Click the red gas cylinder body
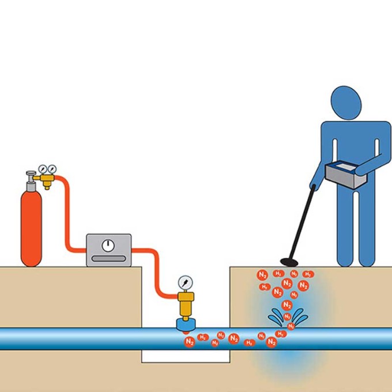(31, 228)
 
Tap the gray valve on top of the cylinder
(30, 175)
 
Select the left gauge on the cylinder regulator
(43, 169)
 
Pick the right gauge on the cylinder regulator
(52, 169)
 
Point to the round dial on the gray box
(108, 246)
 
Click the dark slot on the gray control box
(108, 259)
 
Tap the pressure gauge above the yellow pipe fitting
(185, 282)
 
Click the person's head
(347, 103)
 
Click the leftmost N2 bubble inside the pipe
(189, 342)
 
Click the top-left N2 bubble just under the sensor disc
(262, 274)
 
